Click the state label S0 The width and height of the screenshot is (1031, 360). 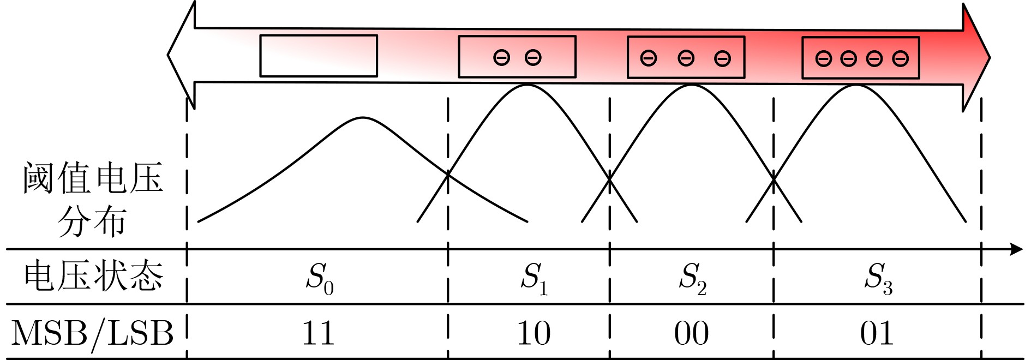[320, 278]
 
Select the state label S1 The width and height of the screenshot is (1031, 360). [534, 278]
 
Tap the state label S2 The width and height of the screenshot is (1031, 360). [692, 278]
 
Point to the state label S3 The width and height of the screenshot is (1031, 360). [878, 278]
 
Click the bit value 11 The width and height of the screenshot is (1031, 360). [319, 333]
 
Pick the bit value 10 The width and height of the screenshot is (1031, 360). [534, 333]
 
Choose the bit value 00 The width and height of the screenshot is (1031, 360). [692, 333]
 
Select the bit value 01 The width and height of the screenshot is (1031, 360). [877, 333]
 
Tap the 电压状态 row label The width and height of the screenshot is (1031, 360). [93, 275]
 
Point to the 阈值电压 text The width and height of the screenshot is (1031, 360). [93, 178]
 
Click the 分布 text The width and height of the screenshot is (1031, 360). [92, 221]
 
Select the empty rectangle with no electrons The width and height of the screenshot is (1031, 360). [319, 56]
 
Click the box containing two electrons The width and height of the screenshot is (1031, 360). [517, 57]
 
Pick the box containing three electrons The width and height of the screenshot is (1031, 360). [686, 57]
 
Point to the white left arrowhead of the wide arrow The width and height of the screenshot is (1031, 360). [182, 55]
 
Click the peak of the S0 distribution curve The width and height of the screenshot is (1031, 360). [363, 118]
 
